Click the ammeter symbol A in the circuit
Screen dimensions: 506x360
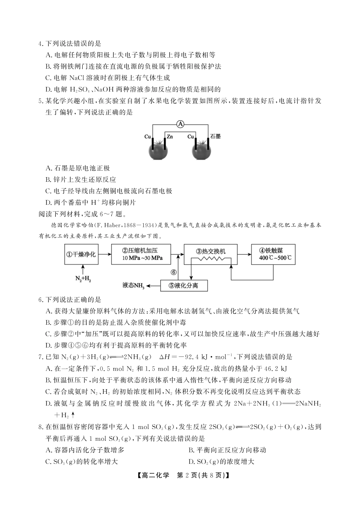coord(181,124)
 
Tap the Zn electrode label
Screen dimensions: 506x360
coord(169,136)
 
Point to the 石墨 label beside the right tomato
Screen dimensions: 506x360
coord(216,136)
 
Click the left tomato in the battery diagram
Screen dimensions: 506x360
coord(158,151)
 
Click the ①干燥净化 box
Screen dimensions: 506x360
coord(81,254)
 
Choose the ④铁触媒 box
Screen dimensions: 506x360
coord(273,254)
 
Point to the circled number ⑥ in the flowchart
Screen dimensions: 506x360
coord(174,272)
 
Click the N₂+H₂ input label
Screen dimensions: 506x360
coord(83,279)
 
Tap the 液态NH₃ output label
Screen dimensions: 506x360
coord(134,286)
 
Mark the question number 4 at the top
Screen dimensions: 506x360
coord(41,44)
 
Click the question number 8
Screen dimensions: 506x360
coord(41,427)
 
